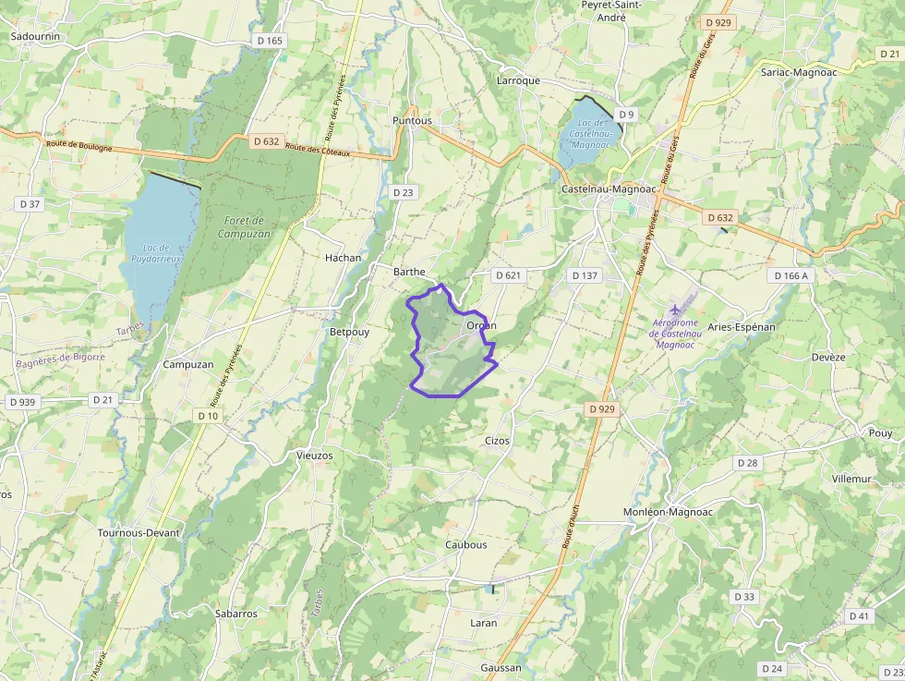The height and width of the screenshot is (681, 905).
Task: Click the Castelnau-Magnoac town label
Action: point(609,188)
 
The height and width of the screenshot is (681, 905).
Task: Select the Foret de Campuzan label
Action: point(244,227)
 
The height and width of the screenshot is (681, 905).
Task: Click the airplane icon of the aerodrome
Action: point(676,308)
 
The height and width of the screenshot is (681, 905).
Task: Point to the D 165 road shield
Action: point(271,41)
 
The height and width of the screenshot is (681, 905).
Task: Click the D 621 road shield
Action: point(509,275)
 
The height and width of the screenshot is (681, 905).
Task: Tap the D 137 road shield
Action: point(585,275)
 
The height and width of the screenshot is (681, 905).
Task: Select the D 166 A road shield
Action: point(790,275)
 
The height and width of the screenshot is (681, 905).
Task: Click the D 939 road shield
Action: point(22,402)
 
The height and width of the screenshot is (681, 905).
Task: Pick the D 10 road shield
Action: point(209,416)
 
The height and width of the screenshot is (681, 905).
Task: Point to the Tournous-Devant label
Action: point(138,533)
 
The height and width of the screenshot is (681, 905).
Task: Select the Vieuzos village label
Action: point(314,456)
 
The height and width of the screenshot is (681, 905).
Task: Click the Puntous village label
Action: point(412,120)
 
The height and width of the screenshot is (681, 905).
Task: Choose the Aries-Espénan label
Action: point(742,327)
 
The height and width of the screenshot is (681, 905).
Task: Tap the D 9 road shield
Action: point(627,115)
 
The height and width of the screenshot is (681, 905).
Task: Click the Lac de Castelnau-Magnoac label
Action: point(591,133)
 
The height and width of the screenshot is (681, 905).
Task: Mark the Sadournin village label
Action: point(35,36)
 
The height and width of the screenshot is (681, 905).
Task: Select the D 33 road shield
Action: point(744,597)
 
